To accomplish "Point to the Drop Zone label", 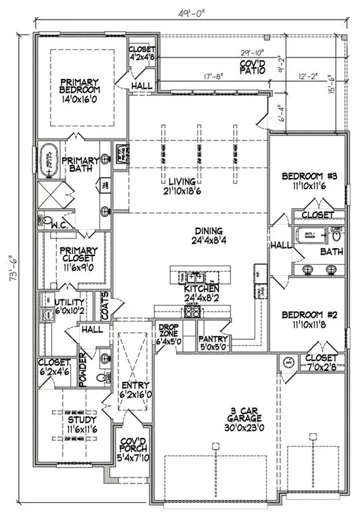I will click(x=168, y=331).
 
